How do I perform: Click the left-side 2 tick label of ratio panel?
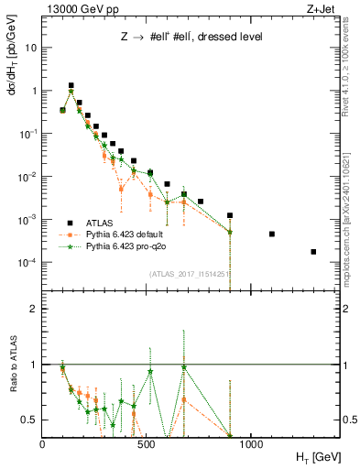[x=34, y=309]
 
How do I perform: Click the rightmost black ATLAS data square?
[x=313, y=252]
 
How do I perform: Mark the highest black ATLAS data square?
[x=71, y=85]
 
